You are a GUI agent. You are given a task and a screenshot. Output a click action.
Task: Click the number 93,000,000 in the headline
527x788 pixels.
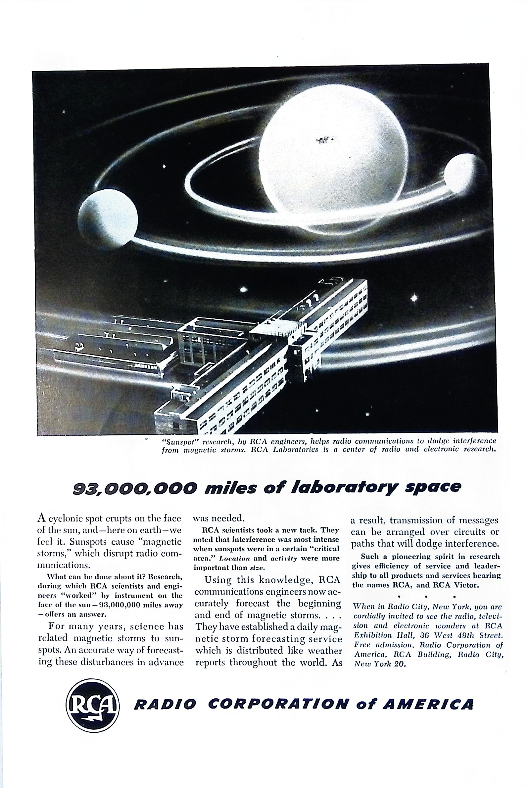coord(133,487)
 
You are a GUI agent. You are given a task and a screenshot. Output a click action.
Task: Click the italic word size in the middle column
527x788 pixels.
coord(258,568)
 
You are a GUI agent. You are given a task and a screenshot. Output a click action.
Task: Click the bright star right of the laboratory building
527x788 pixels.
coord(414,298)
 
